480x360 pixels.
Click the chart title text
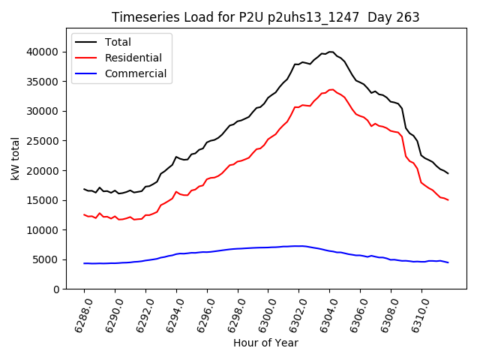265,17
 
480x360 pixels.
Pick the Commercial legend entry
135,73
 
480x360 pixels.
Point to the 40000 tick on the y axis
45,52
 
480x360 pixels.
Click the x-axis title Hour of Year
265,343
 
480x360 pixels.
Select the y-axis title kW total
15,159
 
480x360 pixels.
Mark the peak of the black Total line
330,52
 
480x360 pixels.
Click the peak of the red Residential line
331,89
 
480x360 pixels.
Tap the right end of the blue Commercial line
448,262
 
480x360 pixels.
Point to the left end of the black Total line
84,189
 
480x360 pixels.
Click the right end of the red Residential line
448,199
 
